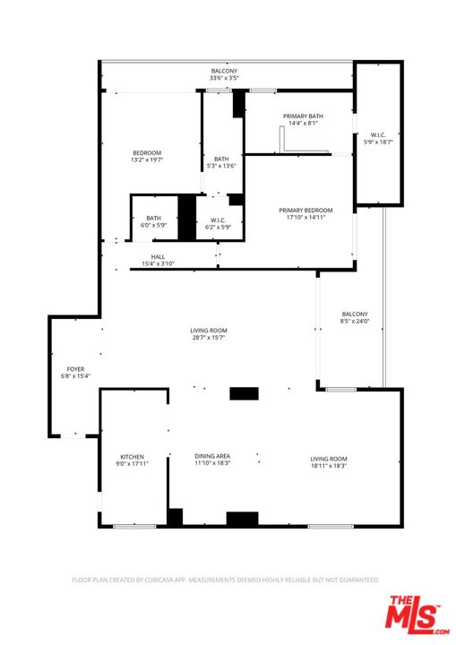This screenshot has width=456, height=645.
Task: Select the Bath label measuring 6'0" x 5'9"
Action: tap(154, 221)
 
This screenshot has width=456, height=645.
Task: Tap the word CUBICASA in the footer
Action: tap(173, 580)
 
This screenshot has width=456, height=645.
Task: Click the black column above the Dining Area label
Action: tap(243, 393)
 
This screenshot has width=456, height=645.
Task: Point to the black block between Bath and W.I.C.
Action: tap(186, 218)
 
